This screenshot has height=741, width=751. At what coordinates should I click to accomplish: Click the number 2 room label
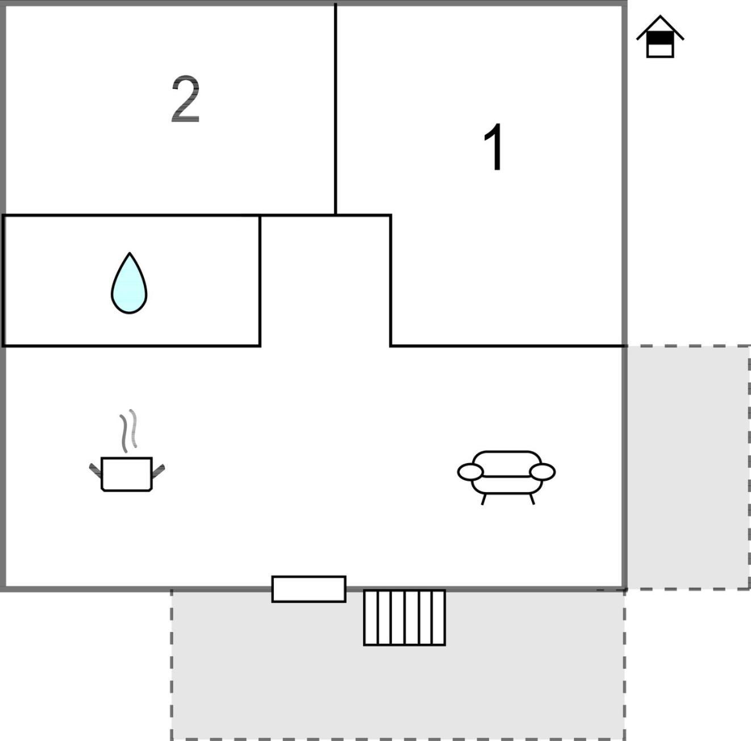pos(186,99)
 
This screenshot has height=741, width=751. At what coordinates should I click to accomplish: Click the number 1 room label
pos(494,147)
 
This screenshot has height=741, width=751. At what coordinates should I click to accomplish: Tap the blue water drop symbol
pos(129,283)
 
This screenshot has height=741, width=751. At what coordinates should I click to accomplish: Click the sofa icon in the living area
pos(506,478)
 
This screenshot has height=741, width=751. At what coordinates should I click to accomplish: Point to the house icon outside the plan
pos(660,37)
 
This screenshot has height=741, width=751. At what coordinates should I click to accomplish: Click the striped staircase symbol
pos(404,618)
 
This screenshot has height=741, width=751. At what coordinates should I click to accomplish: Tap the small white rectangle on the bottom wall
pos(308,589)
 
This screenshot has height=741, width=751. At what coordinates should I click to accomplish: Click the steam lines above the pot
pos(128,431)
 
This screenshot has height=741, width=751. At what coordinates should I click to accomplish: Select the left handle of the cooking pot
pos(95,471)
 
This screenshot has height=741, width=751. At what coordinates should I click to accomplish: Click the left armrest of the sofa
pos(470,472)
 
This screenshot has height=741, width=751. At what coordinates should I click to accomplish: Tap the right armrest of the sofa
pos(543,472)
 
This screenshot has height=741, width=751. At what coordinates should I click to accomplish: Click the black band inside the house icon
pos(660,38)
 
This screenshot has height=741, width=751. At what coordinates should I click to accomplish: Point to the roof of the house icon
pos(660,27)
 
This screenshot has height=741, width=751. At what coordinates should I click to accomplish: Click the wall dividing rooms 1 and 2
pos(336,109)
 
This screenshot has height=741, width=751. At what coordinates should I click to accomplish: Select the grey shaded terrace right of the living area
pos(688,467)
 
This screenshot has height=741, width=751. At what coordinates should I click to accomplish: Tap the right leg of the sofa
pos(532,499)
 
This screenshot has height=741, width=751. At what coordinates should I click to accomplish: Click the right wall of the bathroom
pos(260,280)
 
